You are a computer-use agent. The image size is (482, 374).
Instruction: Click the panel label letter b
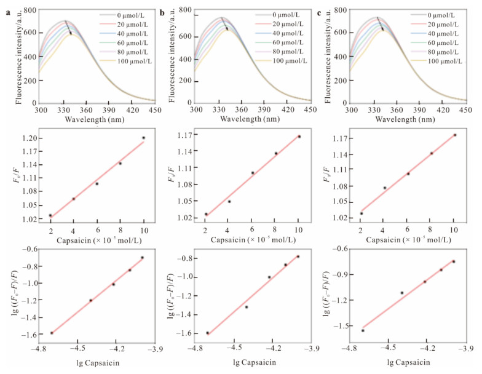(162, 11)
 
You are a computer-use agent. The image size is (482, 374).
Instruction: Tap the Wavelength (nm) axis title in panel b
(252, 118)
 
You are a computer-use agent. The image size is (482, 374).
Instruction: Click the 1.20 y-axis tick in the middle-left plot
(26, 138)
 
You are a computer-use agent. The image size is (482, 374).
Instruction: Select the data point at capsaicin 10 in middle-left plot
(143, 138)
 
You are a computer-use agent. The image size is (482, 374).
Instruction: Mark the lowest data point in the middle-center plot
(206, 214)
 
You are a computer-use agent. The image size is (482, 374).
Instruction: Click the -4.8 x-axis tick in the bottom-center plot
(195, 348)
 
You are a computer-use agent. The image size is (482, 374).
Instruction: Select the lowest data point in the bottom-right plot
(363, 330)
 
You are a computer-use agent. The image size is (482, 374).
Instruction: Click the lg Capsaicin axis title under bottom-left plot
(96, 362)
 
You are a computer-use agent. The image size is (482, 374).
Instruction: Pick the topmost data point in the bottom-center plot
(298, 257)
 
